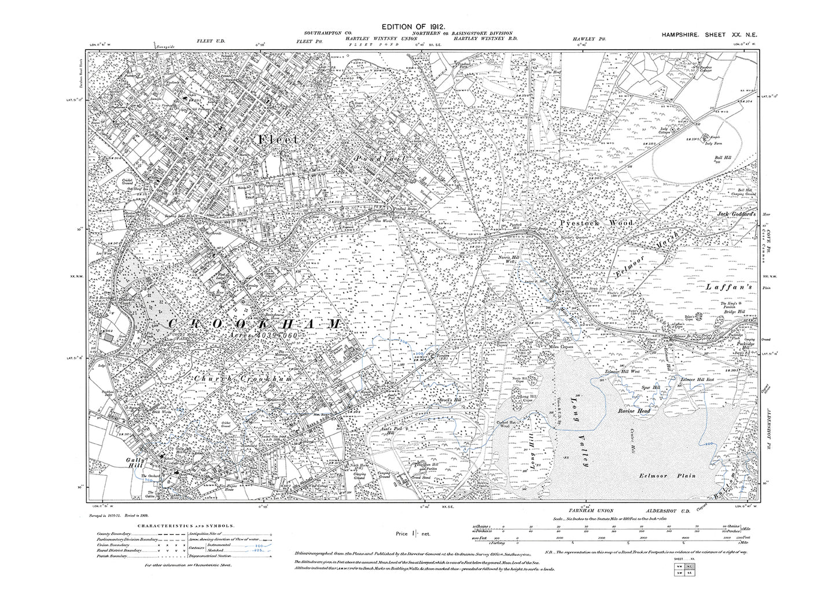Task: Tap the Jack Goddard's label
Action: [736, 212]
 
